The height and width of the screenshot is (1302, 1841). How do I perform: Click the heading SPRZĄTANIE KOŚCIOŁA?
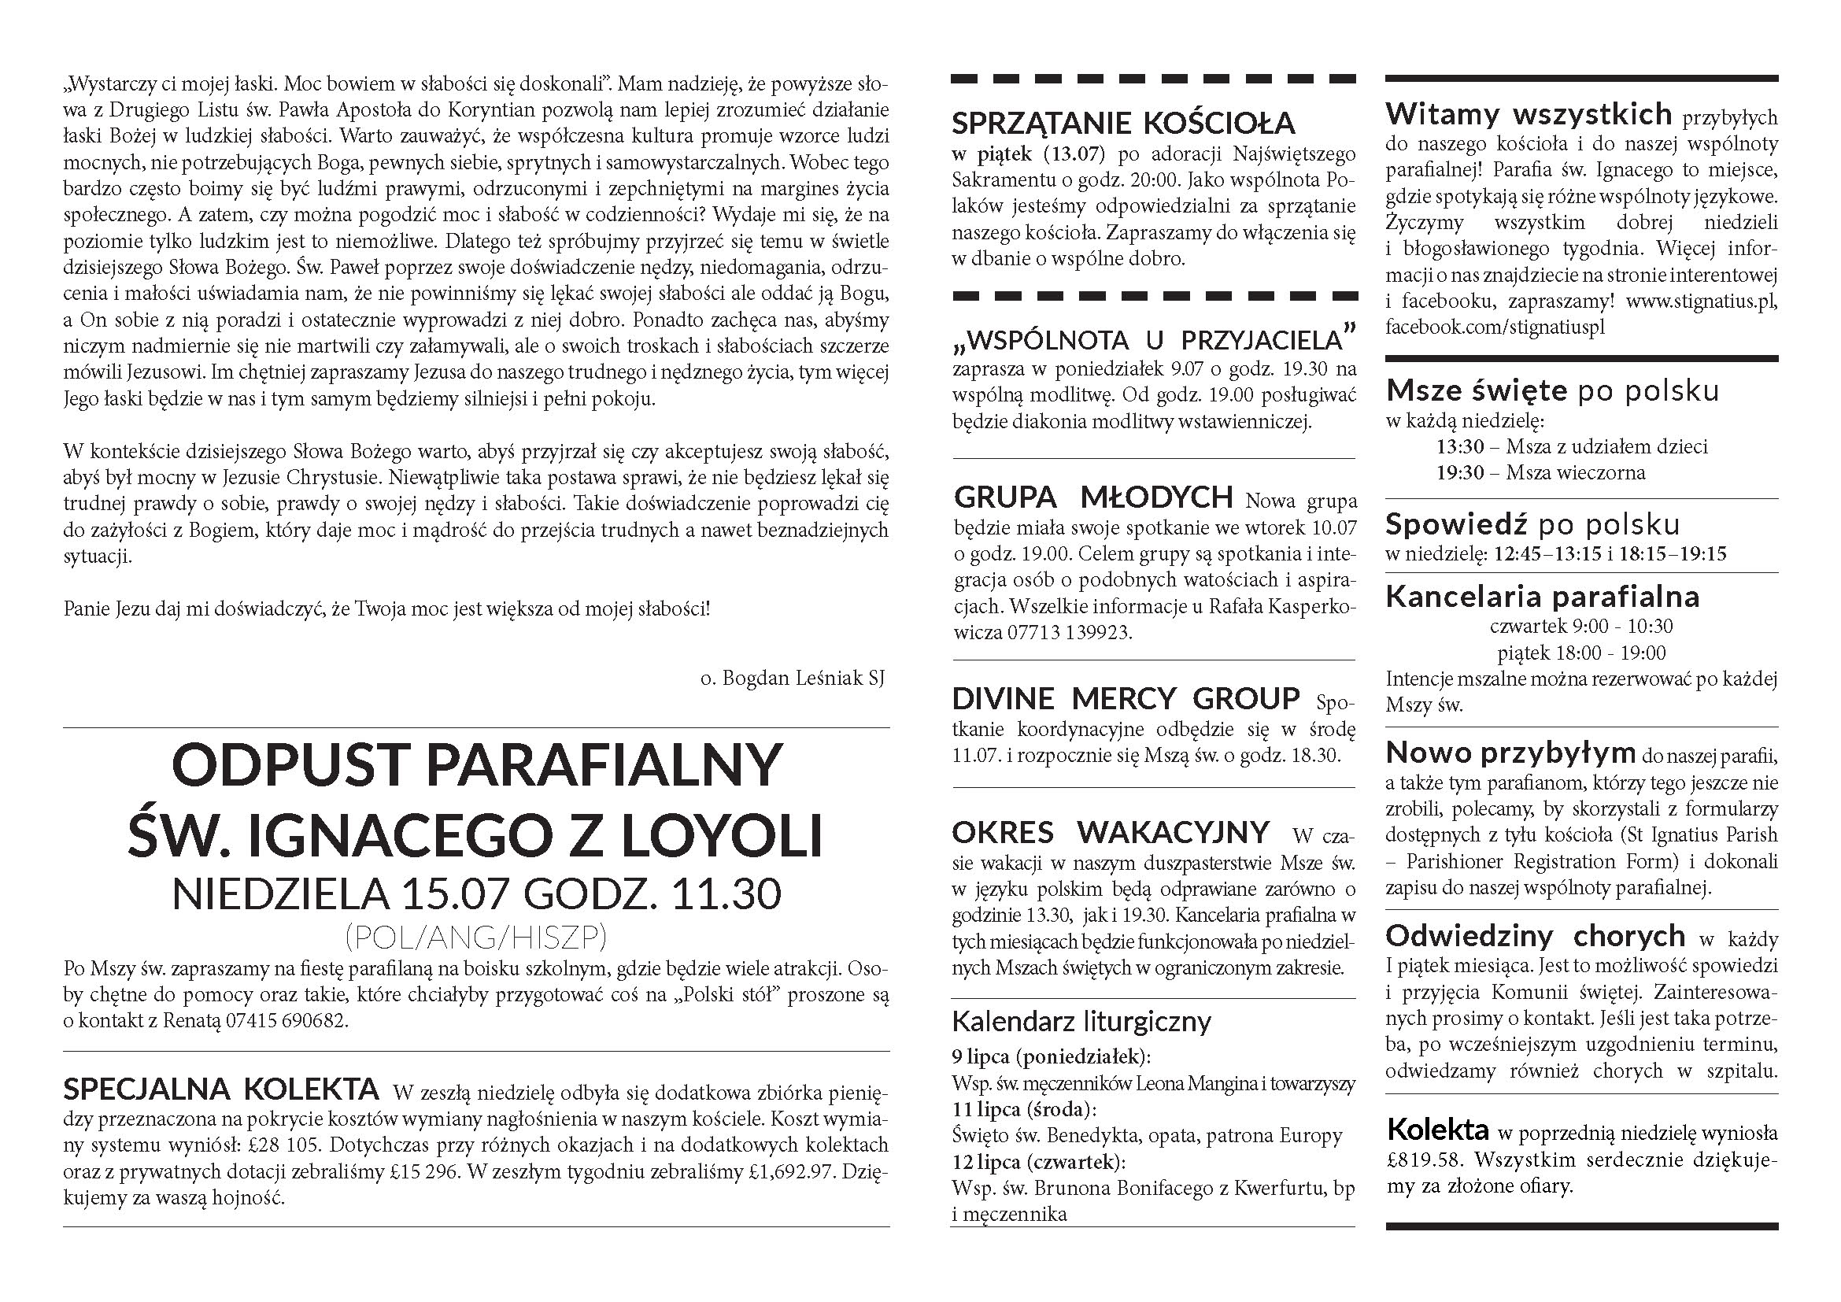1123,124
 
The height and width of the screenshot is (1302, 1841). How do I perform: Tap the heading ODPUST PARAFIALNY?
476,766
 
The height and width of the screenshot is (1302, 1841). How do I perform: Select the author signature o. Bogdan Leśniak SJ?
793,679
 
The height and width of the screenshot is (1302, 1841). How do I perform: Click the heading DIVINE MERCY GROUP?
1126,698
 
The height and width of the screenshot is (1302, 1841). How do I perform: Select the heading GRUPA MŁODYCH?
1093,497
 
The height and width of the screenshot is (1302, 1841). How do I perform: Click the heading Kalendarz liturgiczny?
1081,1022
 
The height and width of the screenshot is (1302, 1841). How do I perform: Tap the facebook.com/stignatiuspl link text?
1495,327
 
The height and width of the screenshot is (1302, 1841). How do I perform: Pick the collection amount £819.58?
1423,1160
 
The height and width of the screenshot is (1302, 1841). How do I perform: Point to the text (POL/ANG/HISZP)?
475,936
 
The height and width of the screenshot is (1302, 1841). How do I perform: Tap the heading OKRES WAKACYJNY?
1111,833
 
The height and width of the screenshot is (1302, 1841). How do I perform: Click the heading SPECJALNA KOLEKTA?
220,1089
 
